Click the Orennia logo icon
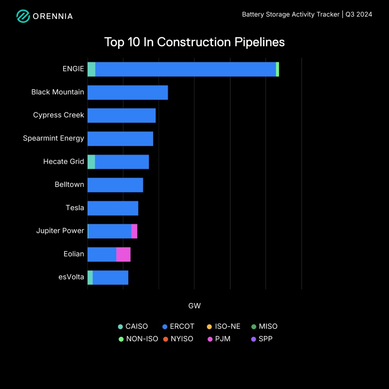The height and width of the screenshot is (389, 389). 23,16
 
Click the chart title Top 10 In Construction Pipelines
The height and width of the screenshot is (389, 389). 194,42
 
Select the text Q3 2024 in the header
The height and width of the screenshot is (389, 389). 359,15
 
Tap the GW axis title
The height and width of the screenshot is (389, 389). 194,306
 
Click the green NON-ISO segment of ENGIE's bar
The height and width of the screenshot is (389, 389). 277,70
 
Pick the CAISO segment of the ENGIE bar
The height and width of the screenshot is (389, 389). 91,70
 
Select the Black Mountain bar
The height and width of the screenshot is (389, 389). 127,92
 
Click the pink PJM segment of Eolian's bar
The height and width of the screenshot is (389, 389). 123,254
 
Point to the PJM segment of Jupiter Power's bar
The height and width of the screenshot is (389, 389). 134,231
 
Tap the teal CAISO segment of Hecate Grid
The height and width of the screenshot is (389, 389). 91,162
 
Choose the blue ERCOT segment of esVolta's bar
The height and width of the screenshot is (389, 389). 110,278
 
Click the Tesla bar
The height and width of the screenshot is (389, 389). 113,208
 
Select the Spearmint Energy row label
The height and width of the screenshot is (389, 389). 53,138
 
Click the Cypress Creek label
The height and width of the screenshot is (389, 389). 58,115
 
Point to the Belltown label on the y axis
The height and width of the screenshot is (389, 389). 69,184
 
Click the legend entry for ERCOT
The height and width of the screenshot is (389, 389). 178,327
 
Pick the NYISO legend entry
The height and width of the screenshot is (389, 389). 178,339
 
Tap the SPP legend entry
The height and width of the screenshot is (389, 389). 262,339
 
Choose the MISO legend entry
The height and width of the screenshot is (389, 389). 264,327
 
